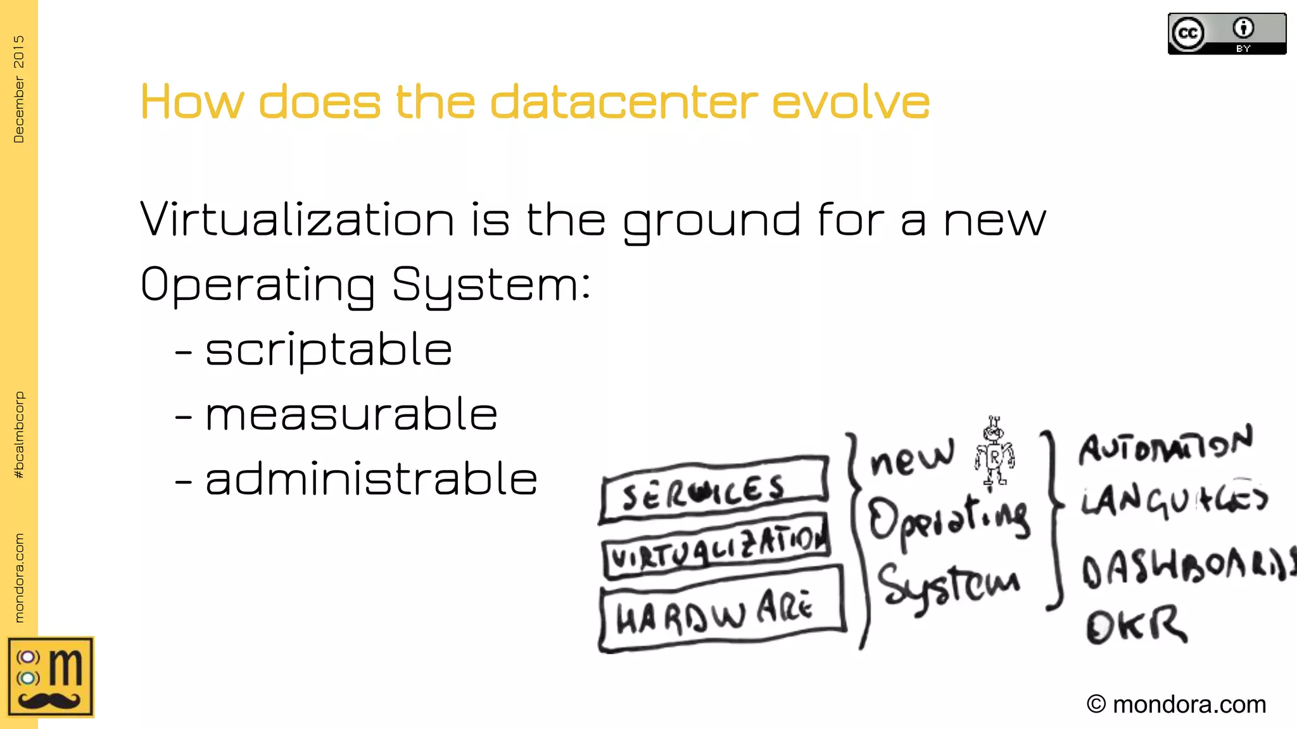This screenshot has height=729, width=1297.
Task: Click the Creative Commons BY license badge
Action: [1227, 34]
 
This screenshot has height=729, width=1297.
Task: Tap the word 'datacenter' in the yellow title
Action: [624, 102]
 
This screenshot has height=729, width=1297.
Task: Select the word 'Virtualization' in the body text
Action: [297, 220]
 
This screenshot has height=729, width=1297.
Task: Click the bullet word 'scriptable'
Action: [329, 350]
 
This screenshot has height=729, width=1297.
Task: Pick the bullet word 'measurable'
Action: [351, 415]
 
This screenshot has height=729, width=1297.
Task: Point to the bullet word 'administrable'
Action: [372, 480]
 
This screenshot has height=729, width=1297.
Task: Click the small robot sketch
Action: [994, 451]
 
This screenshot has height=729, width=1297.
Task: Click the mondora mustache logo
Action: [51, 677]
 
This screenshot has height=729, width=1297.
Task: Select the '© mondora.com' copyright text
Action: [1176, 704]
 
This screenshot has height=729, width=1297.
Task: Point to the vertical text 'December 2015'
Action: [19, 89]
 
